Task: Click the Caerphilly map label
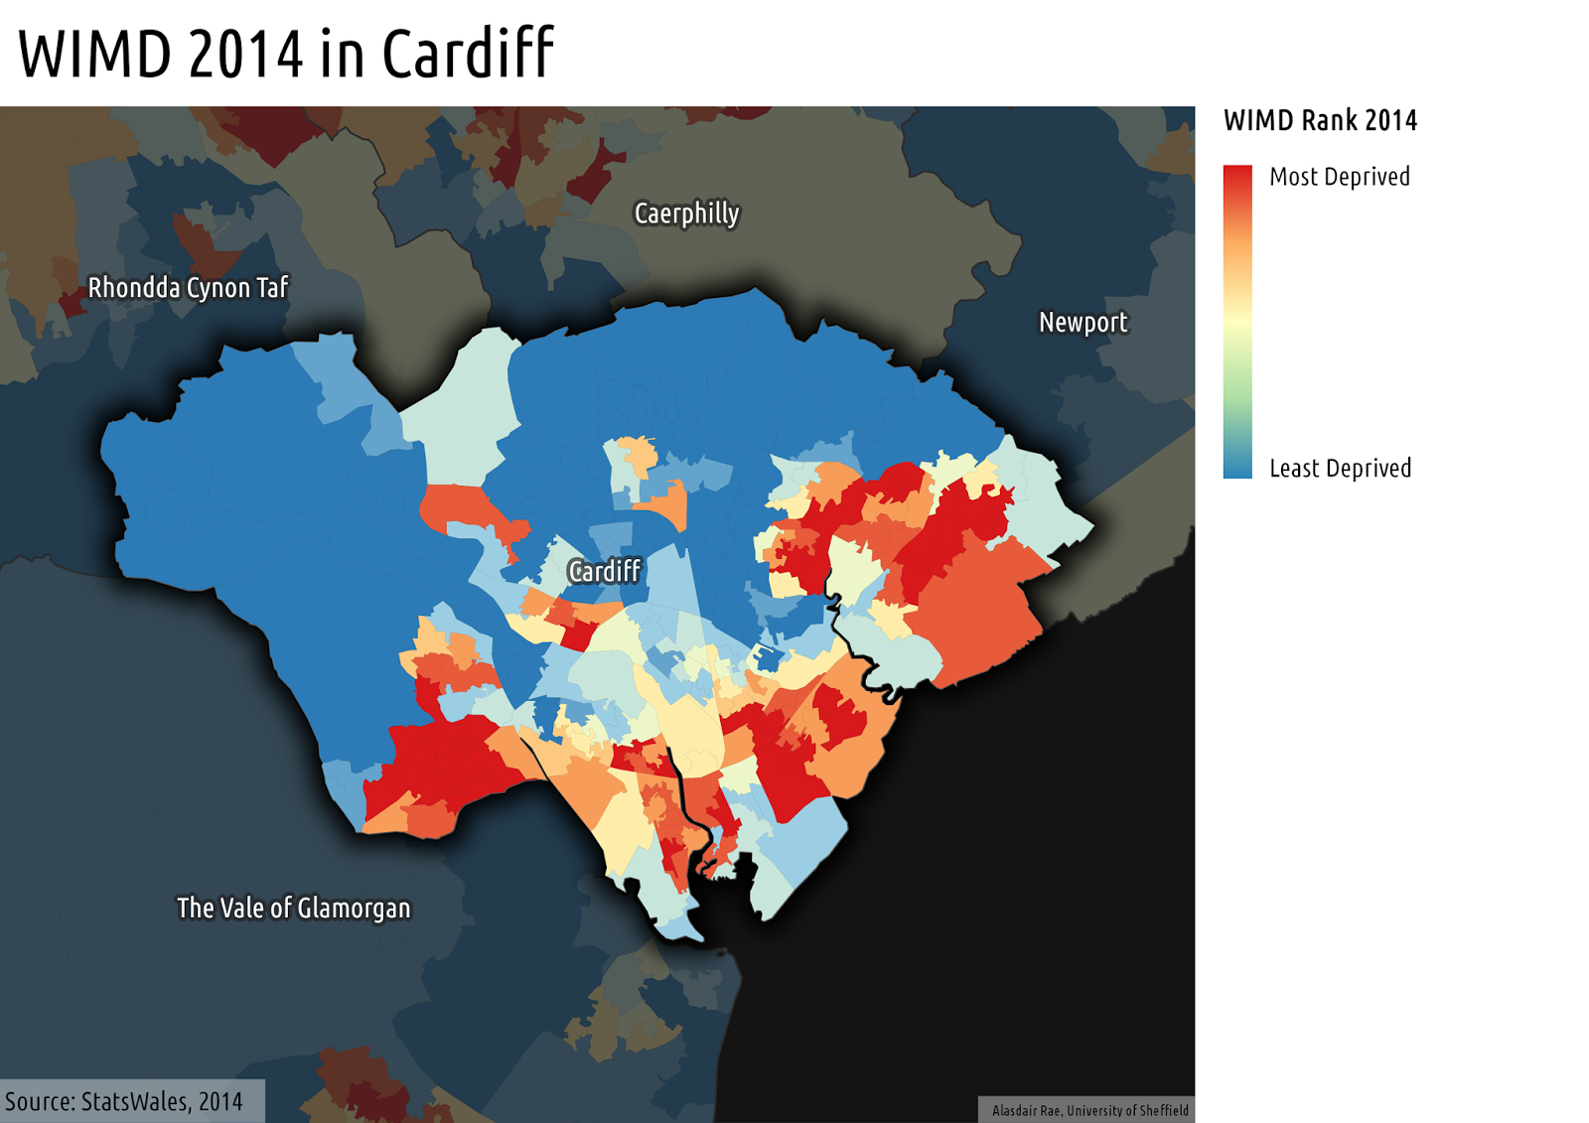(686, 213)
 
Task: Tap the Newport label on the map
(1083, 323)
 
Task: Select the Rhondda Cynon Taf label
(188, 288)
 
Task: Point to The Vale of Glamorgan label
(293, 909)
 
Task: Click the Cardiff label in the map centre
(604, 571)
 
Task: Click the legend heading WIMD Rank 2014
(1320, 121)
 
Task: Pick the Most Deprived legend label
(1339, 177)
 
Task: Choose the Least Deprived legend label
(1340, 469)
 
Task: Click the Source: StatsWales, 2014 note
(124, 1101)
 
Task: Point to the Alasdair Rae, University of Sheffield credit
(1089, 1111)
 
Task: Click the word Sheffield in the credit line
(1162, 1111)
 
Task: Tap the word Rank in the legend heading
(1330, 121)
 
